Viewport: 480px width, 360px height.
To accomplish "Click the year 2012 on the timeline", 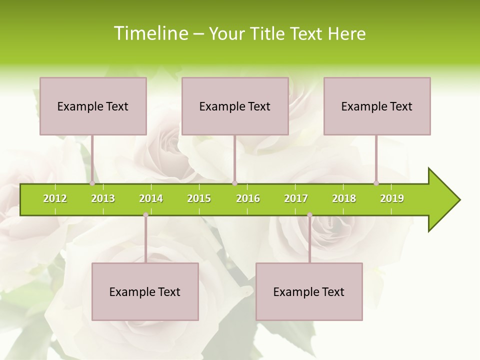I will [55, 198].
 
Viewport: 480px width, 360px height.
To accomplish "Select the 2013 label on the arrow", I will [103, 198].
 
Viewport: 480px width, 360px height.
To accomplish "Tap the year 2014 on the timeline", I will [151, 198].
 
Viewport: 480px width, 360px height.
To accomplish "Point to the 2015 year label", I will [199, 198].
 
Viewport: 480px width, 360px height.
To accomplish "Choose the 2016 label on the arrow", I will [248, 198].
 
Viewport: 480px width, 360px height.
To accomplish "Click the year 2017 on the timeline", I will [296, 198].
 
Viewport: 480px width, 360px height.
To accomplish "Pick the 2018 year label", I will [344, 198].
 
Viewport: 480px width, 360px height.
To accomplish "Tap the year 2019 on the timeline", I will [392, 198].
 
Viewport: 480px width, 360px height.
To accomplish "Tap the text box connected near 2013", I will [93, 106].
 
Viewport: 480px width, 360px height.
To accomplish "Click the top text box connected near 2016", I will [235, 106].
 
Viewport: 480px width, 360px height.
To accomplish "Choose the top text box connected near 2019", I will [377, 106].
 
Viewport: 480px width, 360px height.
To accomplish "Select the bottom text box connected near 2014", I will [145, 291].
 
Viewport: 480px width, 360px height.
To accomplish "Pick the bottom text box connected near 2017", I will [309, 291].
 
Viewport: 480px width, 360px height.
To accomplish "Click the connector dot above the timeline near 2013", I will [92, 183].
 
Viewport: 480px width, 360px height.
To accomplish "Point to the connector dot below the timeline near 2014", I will [145, 215].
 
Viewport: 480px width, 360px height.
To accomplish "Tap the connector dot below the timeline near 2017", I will [309, 215].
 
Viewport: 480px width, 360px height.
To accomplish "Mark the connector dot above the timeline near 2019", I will [376, 183].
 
